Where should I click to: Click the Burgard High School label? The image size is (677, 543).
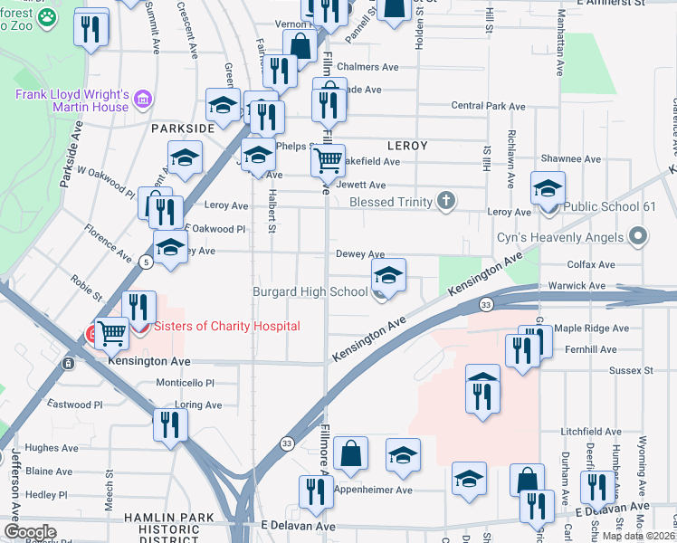click(x=310, y=291)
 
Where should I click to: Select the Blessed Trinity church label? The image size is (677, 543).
click(x=390, y=201)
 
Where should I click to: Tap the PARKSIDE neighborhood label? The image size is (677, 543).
click(x=182, y=129)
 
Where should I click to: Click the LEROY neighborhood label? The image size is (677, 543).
click(x=407, y=145)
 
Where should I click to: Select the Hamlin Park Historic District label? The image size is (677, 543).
click(x=182, y=528)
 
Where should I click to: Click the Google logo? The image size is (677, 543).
click(x=30, y=532)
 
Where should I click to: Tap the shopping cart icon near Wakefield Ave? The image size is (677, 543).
click(x=328, y=161)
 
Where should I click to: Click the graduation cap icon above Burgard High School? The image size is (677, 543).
click(x=388, y=274)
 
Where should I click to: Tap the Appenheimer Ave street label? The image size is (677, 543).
click(x=373, y=491)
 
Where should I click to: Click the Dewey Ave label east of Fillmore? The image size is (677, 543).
click(x=360, y=255)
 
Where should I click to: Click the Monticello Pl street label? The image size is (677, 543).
click(x=184, y=384)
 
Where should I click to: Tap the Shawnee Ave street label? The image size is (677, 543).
click(x=570, y=158)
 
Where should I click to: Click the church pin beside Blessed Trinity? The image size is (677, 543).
click(x=445, y=200)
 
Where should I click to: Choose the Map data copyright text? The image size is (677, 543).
click(x=637, y=536)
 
